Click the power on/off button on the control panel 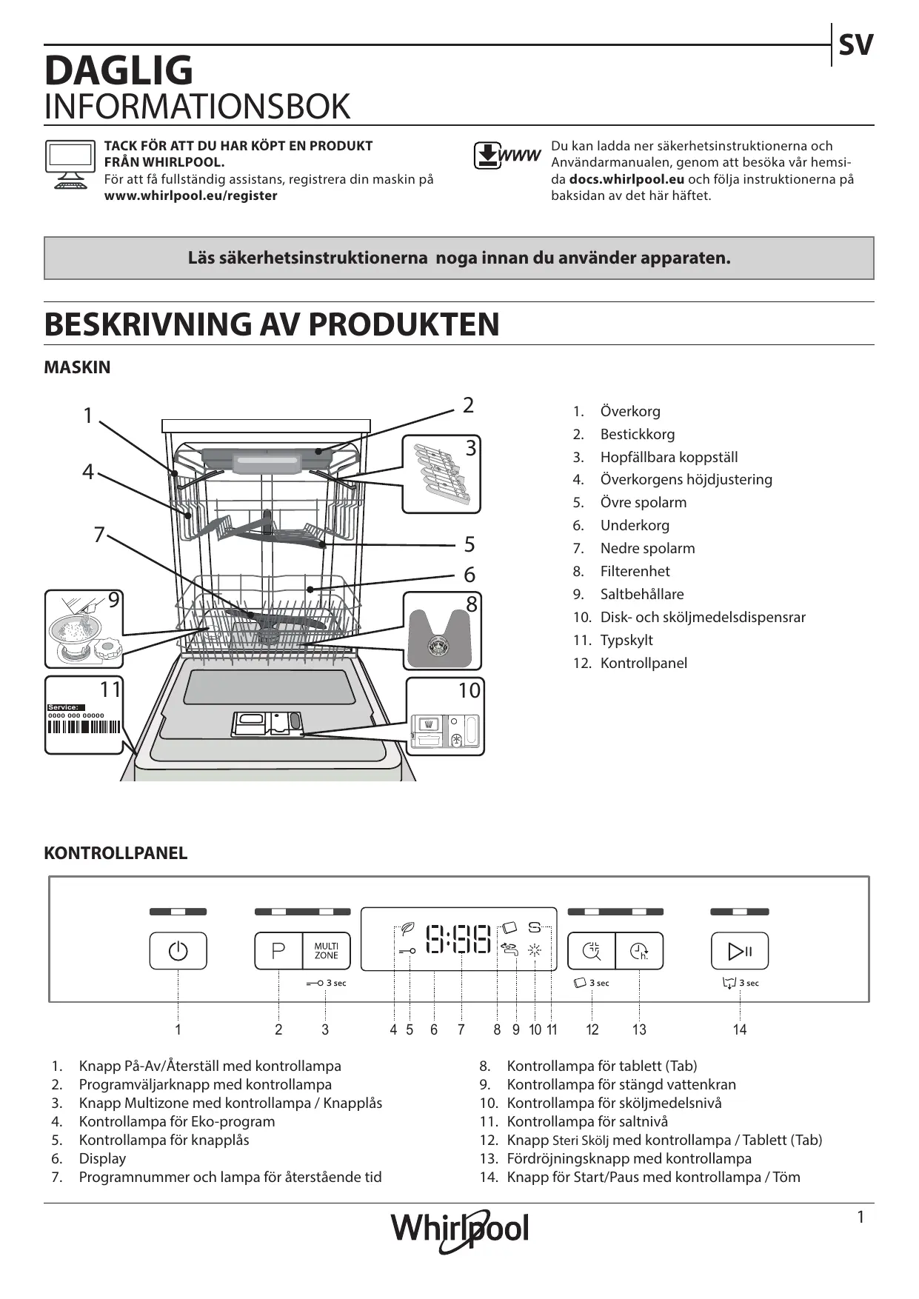[x=178, y=951]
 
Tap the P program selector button [x=278, y=951]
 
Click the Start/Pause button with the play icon [x=740, y=951]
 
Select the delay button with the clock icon [x=639, y=951]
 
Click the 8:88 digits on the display [x=459, y=939]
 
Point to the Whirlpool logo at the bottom [x=460, y=1230]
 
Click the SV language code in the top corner [x=855, y=46]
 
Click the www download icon [x=507, y=156]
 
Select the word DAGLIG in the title [x=118, y=71]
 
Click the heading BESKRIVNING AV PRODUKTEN [x=272, y=324]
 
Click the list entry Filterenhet [x=635, y=571]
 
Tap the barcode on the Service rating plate [x=83, y=727]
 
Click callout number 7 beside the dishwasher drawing [x=99, y=534]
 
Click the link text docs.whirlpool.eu [x=626, y=179]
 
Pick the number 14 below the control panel [x=740, y=1029]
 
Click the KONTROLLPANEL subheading [x=116, y=853]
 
